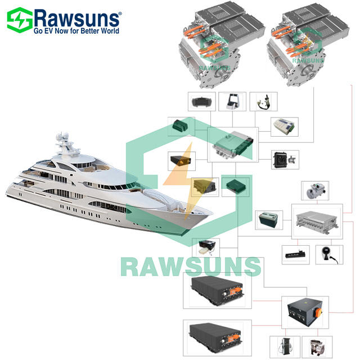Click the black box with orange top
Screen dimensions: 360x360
(182, 162)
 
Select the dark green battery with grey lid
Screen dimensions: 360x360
(269, 218)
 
